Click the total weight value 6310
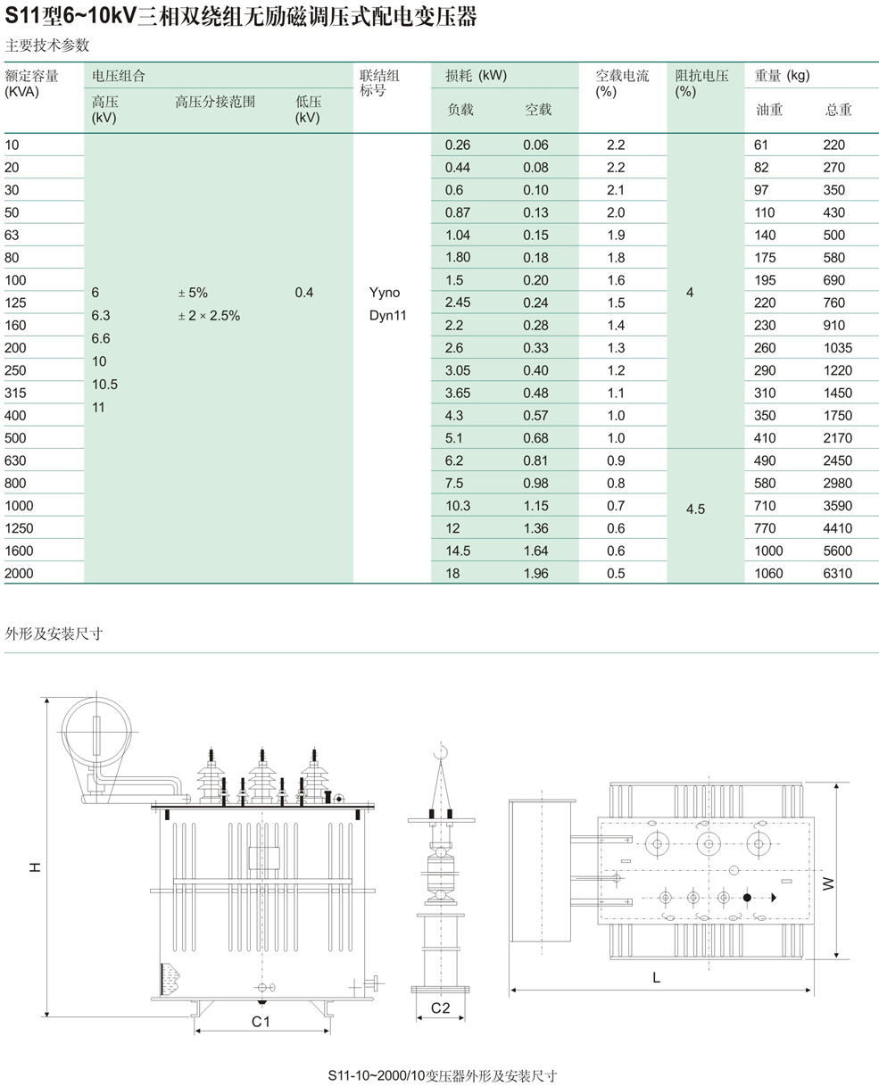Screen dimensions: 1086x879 click(838, 573)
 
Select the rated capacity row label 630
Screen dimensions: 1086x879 click(16, 460)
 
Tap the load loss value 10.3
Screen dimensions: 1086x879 click(458, 506)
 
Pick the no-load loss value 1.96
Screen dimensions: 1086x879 click(536, 573)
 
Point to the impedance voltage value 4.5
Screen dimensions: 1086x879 click(695, 509)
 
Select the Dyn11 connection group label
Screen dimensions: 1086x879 click(387, 315)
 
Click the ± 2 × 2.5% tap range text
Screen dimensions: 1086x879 click(208, 316)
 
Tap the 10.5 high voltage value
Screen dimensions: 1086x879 click(104, 385)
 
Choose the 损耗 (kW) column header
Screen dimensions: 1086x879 click(476, 76)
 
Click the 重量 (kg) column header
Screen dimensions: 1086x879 click(782, 76)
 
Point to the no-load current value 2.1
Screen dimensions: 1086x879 click(616, 190)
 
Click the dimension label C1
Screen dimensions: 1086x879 click(261, 1021)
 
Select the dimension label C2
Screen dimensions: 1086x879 click(441, 1008)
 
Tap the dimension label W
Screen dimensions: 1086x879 click(828, 883)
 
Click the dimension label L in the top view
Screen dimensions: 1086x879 click(656, 977)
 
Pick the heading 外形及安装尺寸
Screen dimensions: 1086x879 click(54, 634)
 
